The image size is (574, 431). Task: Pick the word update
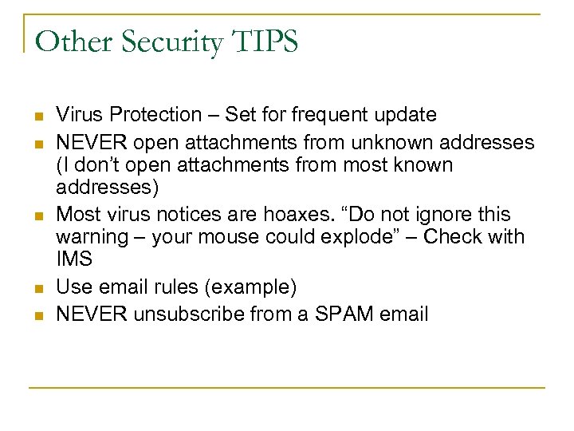(407, 115)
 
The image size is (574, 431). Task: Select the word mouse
(258, 236)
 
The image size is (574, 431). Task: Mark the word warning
(90, 236)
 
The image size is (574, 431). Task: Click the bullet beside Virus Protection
(37, 116)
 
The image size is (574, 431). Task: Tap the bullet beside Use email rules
(37, 287)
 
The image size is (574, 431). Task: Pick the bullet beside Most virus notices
(37, 215)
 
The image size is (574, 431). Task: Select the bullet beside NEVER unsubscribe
(37, 314)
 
